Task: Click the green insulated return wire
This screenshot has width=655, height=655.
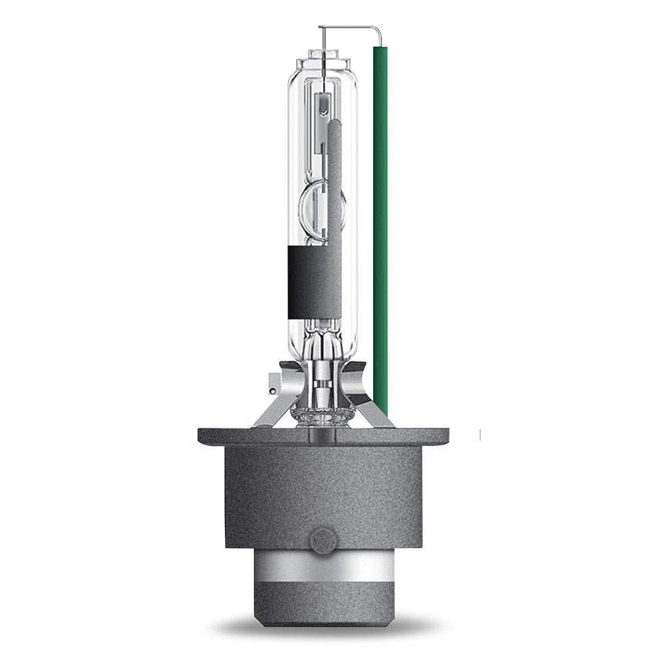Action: click(x=380, y=231)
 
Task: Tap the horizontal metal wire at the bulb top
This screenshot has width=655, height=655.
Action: click(x=347, y=29)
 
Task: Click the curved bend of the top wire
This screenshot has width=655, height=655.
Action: click(x=380, y=32)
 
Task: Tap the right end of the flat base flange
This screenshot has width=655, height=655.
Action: click(x=447, y=436)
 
